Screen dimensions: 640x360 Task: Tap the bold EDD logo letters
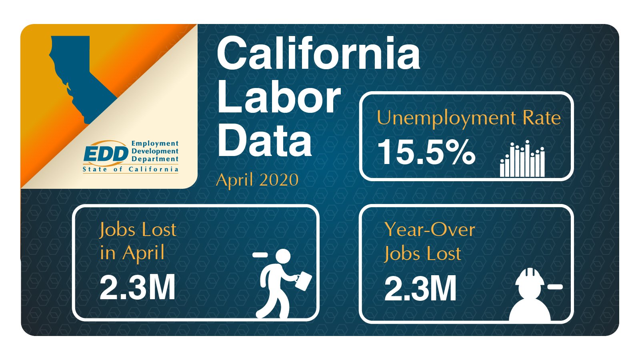point(106,154)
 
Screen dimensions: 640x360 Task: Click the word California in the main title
point(318,54)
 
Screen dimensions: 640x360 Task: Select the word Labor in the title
point(279,97)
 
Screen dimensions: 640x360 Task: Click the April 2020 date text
point(257,180)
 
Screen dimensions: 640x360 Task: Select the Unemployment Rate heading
point(468,118)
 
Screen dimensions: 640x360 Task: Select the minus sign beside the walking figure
point(260,254)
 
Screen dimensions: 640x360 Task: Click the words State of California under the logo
point(130,170)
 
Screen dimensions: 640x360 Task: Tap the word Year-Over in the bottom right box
point(430,230)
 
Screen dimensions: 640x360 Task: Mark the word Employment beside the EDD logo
point(155,144)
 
